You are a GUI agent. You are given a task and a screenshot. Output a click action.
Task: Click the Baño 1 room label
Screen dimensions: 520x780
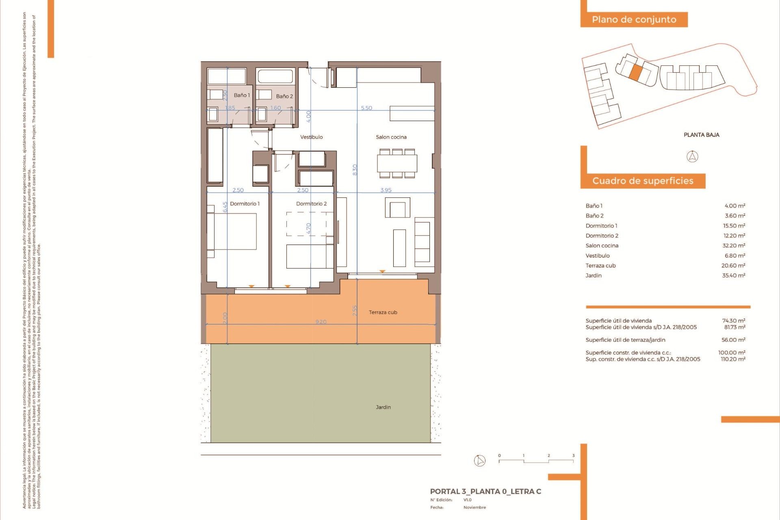point(242,95)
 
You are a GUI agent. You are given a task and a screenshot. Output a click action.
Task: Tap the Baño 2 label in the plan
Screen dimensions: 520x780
point(284,96)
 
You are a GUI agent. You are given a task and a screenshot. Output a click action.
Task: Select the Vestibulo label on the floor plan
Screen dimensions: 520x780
point(312,137)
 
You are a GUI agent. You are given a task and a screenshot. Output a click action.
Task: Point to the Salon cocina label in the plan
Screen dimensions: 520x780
point(391,137)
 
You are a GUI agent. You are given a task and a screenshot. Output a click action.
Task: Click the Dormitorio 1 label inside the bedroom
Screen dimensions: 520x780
point(245,204)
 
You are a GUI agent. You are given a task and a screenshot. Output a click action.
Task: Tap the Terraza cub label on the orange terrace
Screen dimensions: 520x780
point(383,312)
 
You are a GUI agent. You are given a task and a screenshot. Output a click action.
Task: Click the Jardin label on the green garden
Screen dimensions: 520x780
point(383,407)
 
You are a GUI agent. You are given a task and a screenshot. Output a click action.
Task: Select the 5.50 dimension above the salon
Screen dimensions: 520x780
point(366,108)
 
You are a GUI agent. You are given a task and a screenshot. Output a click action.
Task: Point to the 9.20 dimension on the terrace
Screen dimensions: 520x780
point(321,322)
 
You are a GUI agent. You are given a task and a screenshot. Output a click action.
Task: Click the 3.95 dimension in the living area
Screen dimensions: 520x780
point(386,190)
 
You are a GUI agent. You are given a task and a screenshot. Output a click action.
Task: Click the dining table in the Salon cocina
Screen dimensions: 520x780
point(397,164)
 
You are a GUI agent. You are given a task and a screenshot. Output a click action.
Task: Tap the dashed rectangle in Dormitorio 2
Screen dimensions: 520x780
point(306,224)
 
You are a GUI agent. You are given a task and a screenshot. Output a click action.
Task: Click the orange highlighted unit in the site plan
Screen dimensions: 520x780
point(636,72)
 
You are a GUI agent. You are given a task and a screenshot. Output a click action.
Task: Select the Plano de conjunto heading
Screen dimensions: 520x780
point(634,19)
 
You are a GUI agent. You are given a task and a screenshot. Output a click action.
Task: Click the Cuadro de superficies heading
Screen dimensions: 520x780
point(643,181)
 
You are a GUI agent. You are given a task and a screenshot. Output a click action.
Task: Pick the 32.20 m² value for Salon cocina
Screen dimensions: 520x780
point(734,245)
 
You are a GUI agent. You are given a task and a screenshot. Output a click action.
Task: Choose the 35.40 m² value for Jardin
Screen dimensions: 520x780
point(734,275)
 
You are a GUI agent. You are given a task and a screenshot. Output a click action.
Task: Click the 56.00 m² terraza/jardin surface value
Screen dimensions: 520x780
point(733,340)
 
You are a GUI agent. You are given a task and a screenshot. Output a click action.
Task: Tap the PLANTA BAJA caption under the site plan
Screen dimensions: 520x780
point(701,134)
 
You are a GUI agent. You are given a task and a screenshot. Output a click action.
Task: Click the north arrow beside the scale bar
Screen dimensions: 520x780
point(480,460)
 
